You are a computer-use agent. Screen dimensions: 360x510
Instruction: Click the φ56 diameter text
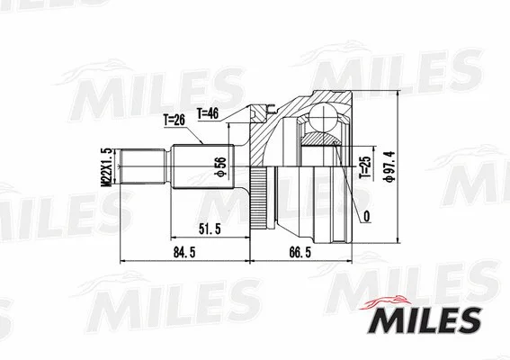[x=219, y=166]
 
